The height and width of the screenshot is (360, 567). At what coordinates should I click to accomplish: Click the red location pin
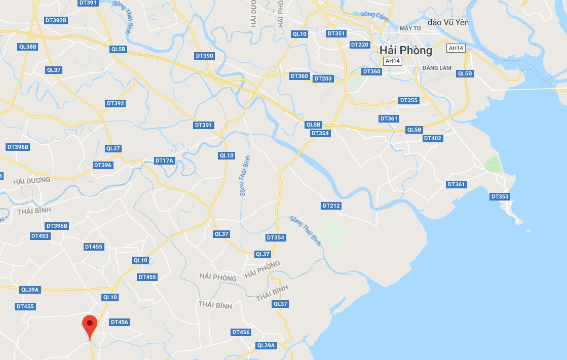90,325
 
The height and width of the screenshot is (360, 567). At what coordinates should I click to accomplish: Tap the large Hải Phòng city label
406,50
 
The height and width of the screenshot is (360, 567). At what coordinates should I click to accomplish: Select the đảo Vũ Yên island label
448,22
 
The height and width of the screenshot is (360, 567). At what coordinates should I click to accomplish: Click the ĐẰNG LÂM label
437,68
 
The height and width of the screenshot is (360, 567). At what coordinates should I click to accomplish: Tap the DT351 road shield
336,33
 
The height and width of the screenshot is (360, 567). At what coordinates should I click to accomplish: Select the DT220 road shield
360,45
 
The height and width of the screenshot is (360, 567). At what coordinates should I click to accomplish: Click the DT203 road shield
323,78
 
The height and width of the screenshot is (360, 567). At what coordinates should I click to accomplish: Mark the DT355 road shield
408,100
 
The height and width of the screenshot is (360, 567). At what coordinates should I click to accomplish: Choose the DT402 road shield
433,138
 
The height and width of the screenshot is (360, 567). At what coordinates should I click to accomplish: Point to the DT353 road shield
500,196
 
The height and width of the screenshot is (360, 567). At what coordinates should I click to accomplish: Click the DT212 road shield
331,206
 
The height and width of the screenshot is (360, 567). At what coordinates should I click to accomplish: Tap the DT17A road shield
164,161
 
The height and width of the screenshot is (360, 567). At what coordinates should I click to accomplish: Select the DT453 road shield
40,236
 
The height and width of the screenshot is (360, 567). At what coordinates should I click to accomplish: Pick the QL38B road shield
27,47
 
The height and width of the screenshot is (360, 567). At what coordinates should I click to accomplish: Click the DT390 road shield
204,55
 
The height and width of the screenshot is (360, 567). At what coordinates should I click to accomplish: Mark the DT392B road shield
56,20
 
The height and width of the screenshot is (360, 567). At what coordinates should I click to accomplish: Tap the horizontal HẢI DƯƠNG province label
32,180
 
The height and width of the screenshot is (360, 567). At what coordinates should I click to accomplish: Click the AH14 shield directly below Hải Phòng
393,61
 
